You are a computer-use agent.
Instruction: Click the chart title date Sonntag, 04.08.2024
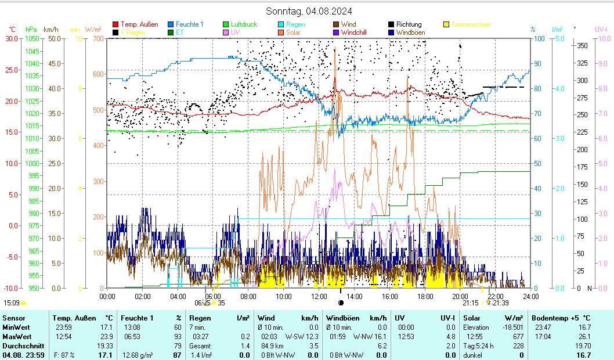pyautogui.click(x=309, y=11)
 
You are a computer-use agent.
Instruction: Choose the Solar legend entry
pyautogui.click(x=293, y=33)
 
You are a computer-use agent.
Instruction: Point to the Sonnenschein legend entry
pyautogui.click(x=471, y=24)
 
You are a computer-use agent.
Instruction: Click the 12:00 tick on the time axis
pyautogui.click(x=319, y=296)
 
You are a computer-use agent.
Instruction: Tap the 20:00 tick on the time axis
pyautogui.click(x=460, y=296)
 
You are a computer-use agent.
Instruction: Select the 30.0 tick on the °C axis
pyautogui.click(x=12, y=39)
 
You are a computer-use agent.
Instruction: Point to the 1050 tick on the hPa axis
pyautogui.click(x=33, y=39)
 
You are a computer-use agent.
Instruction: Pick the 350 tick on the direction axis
pyautogui.click(x=583, y=45)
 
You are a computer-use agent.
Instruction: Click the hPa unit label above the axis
pyautogui.click(x=31, y=29)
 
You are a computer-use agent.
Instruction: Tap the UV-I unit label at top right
pyautogui.click(x=601, y=29)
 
